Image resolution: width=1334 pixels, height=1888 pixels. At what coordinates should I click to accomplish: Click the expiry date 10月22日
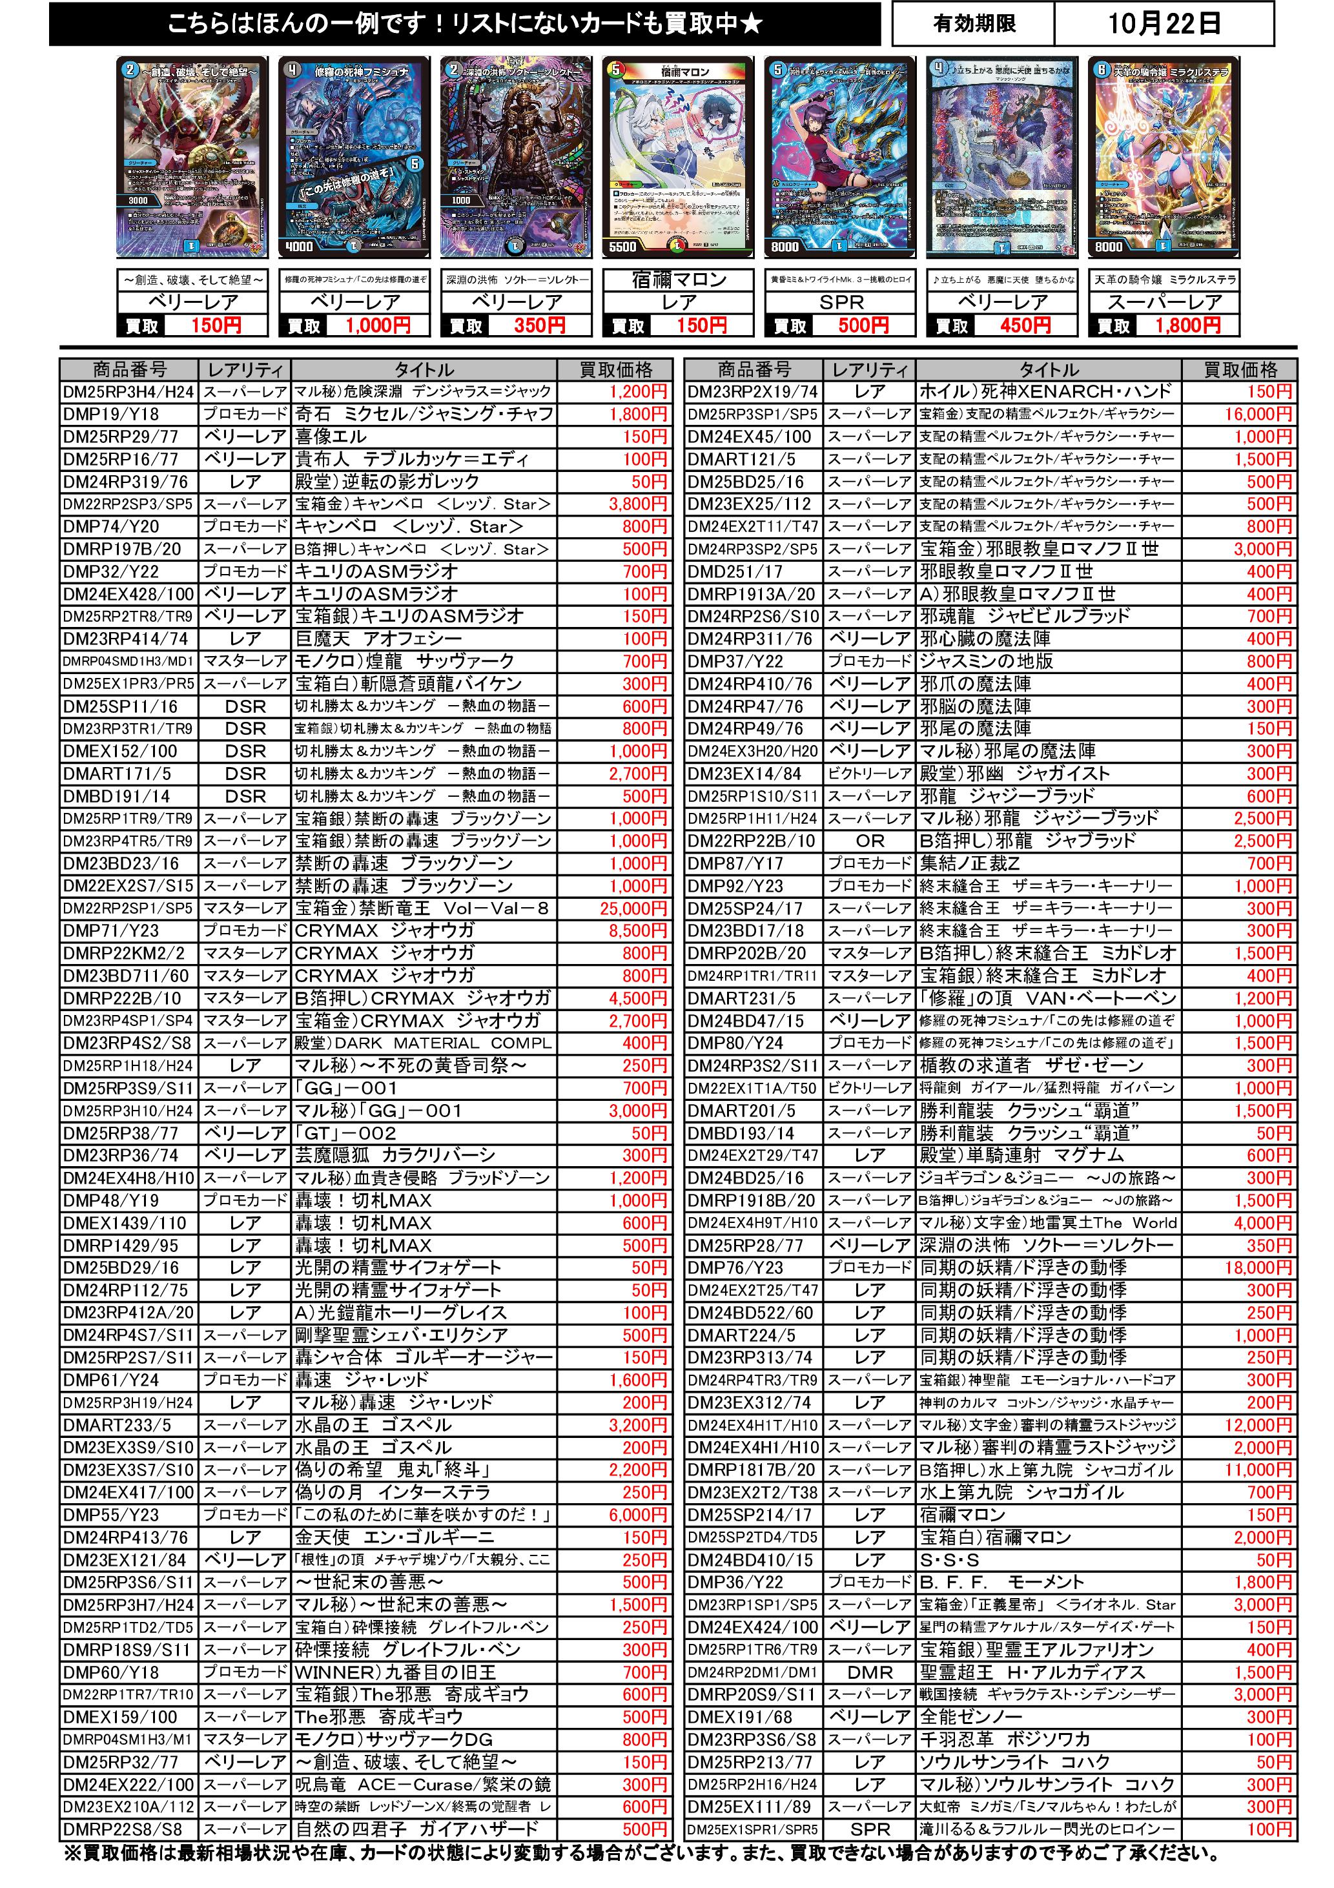tap(1163, 23)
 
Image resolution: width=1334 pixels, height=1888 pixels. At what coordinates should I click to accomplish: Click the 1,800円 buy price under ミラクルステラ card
tap(1187, 325)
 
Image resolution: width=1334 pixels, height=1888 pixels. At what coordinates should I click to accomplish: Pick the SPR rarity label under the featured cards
tap(841, 303)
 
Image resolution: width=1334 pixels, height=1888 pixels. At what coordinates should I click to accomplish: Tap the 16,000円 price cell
tap(1258, 415)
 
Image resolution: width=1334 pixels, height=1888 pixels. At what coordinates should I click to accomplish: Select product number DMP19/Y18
tap(112, 415)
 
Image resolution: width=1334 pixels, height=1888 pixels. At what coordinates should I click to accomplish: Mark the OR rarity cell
tap(870, 841)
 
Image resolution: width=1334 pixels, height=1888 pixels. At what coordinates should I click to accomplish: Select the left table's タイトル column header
tap(424, 370)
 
